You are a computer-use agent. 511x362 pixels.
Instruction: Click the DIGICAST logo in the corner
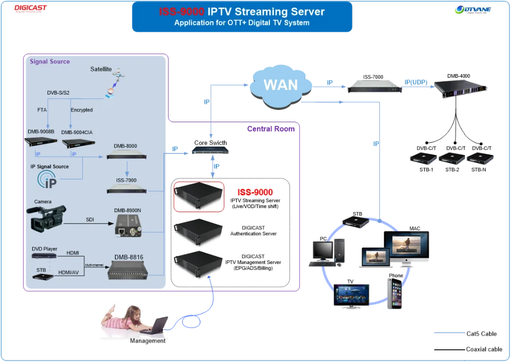pyautogui.click(x=31, y=9)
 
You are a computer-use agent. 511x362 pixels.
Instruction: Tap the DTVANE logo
pyautogui.click(x=474, y=10)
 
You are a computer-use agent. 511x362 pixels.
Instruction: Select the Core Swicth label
pyautogui.click(x=211, y=143)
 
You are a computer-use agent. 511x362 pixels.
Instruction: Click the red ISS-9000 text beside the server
pyautogui.click(x=259, y=192)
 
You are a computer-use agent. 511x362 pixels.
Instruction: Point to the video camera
pyautogui.click(x=49, y=219)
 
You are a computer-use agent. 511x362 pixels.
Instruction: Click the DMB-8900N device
pyautogui.click(x=127, y=225)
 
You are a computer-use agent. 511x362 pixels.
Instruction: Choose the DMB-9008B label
pyautogui.click(x=41, y=131)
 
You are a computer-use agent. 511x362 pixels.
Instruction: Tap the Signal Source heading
pyautogui.click(x=50, y=61)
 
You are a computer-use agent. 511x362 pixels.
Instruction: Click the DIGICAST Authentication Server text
pyautogui.click(x=253, y=231)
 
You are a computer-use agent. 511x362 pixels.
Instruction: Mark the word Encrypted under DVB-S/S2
pyautogui.click(x=82, y=110)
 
